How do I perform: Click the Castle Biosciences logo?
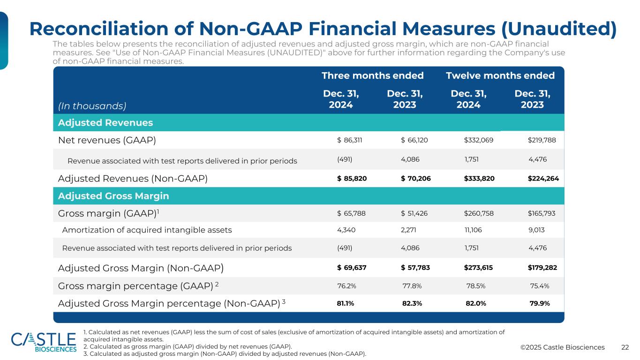[44, 342]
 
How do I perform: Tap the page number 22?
[625, 347]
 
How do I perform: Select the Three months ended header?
[372, 75]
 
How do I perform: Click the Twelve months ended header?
[500, 75]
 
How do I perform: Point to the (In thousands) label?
[92, 106]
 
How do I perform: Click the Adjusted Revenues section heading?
[105, 123]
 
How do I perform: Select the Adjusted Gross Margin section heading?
[113, 196]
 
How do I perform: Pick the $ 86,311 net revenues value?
[352, 140]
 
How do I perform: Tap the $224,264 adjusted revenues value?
[543, 178]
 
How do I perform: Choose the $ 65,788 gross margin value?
[352, 214]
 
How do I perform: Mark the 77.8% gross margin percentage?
[412, 285]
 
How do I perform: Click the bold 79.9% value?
[539, 303]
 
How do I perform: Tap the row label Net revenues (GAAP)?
[107, 140]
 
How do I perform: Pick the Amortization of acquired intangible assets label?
[147, 230]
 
